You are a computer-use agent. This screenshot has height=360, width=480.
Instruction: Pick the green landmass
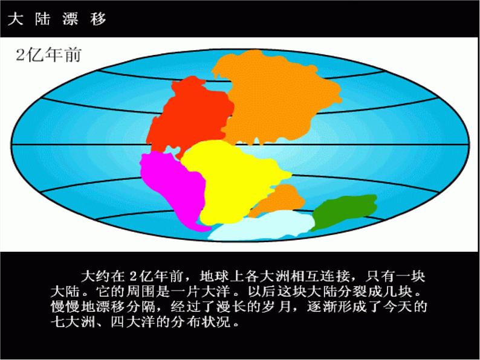coord(345,211)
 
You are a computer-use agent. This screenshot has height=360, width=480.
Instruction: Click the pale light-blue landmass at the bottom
coord(260,227)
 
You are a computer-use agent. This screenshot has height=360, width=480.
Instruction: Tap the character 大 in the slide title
coord(15,19)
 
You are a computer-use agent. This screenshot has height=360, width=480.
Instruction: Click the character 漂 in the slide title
coord(70,19)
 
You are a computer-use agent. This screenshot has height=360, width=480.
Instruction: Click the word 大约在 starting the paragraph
coord(103,277)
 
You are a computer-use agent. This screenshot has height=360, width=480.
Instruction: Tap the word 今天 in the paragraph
coord(403,307)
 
